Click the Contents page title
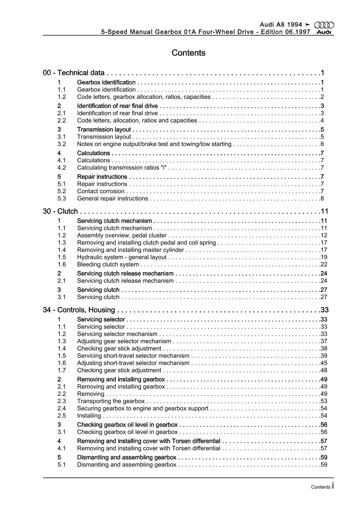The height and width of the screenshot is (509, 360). pos(188,53)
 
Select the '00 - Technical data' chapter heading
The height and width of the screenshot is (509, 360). pos(73,73)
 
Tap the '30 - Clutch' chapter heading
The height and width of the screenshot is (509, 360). pos(60,211)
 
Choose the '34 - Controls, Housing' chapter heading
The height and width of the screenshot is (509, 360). pos(79,310)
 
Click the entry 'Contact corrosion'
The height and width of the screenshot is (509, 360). pos(101,191)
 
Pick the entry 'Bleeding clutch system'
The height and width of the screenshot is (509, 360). pos(108,265)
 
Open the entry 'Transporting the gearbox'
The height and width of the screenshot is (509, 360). pos(111,401)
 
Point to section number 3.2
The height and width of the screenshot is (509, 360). pos(62,144)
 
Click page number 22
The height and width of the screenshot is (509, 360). pos(324,265)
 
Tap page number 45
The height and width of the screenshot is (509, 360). pos(324,363)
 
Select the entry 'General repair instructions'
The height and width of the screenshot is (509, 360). pos(112,199)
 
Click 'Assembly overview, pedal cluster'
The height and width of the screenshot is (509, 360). pos(122,235)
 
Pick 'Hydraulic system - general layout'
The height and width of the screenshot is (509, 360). pos(122,257)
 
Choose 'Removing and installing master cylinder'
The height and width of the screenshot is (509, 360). pos(131,250)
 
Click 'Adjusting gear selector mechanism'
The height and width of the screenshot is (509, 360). pos(124,341)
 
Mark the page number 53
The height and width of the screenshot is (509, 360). pos(324,401)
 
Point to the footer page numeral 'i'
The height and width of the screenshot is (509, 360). pos(333,485)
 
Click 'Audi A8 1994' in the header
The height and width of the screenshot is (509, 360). pos(281,25)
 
